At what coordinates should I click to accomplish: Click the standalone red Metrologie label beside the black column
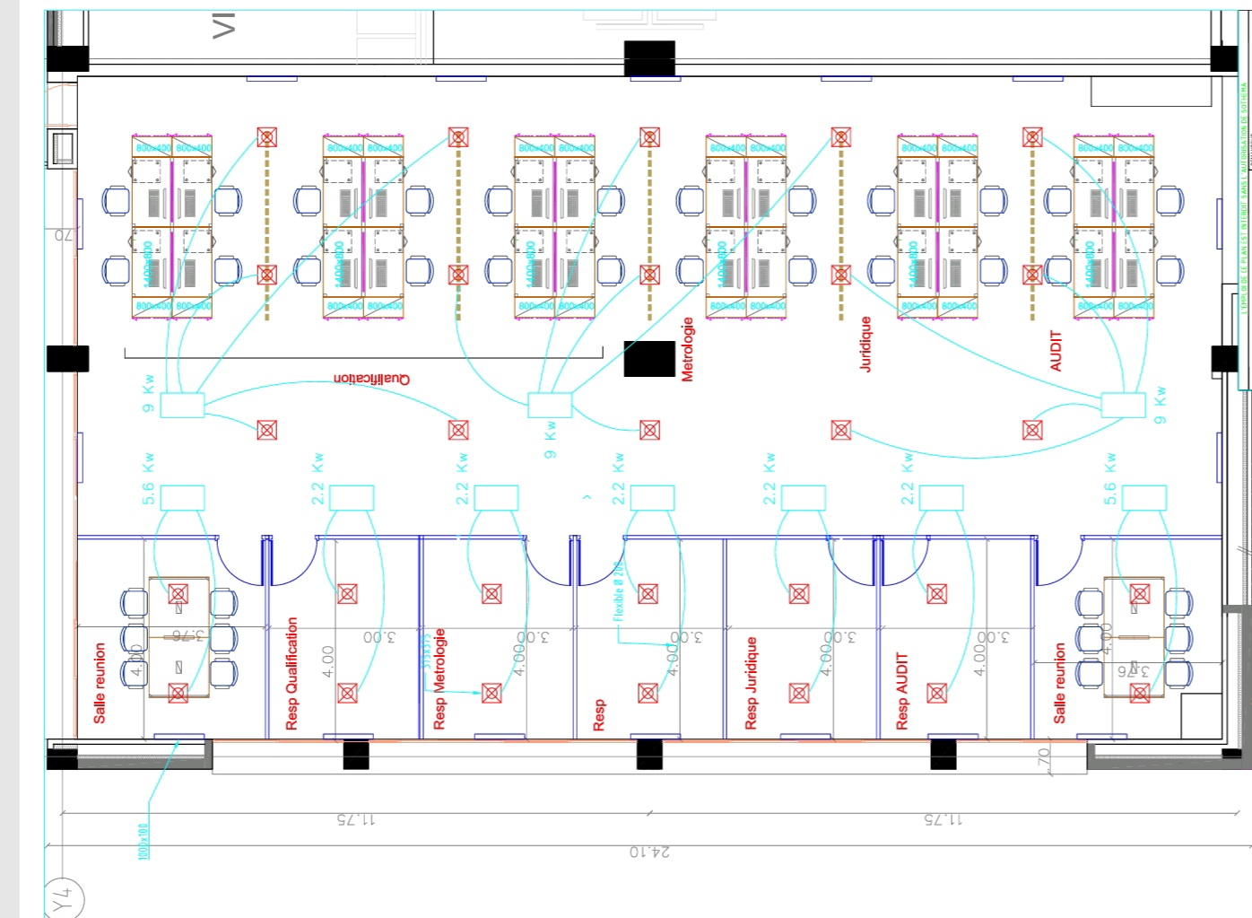(688, 350)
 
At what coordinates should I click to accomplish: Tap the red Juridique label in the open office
(865, 344)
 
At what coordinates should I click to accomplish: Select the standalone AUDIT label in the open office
(1056, 351)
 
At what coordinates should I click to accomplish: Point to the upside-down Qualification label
(371, 379)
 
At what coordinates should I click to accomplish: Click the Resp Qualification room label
(291, 673)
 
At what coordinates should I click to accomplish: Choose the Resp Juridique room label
(752, 683)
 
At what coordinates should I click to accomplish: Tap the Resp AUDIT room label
(902, 690)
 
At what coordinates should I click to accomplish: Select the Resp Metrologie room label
(439, 678)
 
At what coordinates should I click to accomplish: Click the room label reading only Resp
(599, 715)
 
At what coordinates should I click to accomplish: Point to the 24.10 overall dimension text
(649, 852)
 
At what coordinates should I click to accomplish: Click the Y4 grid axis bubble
(62, 898)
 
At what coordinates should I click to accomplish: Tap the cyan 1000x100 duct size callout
(143, 842)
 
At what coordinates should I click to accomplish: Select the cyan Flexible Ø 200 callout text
(618, 591)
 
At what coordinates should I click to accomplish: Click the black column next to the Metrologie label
(649, 359)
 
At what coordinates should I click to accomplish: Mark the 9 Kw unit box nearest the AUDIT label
(1123, 405)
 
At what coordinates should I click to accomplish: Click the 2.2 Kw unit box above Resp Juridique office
(803, 498)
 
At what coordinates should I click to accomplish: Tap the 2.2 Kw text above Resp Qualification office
(317, 478)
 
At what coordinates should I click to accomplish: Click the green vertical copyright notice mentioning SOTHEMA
(1244, 197)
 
